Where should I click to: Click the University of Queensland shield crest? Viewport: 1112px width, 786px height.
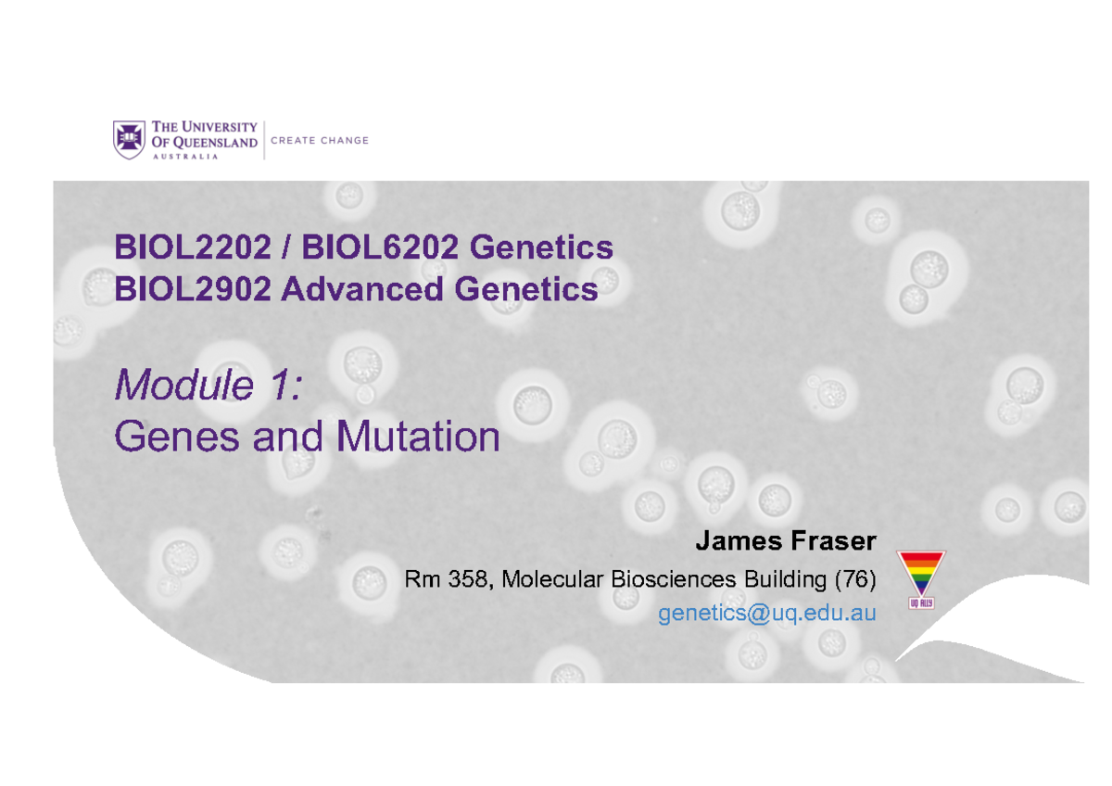(x=129, y=139)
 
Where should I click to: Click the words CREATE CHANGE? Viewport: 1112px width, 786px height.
(x=320, y=141)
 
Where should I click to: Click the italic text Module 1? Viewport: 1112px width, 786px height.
(x=208, y=386)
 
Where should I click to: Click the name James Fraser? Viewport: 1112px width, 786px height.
(x=786, y=540)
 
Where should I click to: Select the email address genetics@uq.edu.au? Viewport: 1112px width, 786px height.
(x=766, y=613)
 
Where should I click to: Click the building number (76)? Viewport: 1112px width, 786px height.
(x=853, y=580)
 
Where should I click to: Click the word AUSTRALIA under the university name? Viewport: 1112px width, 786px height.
(x=185, y=157)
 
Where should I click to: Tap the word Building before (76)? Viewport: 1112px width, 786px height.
(x=779, y=580)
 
